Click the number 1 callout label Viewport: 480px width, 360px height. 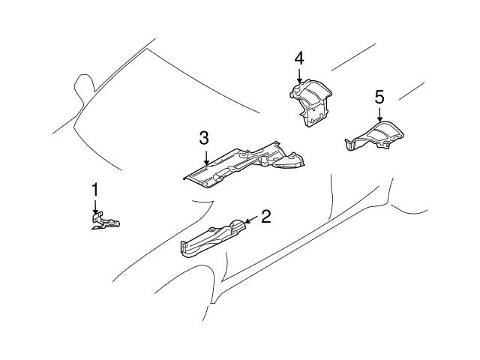95,189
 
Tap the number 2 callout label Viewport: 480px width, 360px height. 265,217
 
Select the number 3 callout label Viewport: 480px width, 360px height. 204,138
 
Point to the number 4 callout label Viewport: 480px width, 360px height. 299,58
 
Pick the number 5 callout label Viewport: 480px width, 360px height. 379,97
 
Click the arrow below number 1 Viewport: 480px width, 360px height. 95,208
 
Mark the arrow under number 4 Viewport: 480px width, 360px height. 299,76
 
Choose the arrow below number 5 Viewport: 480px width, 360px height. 379,115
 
